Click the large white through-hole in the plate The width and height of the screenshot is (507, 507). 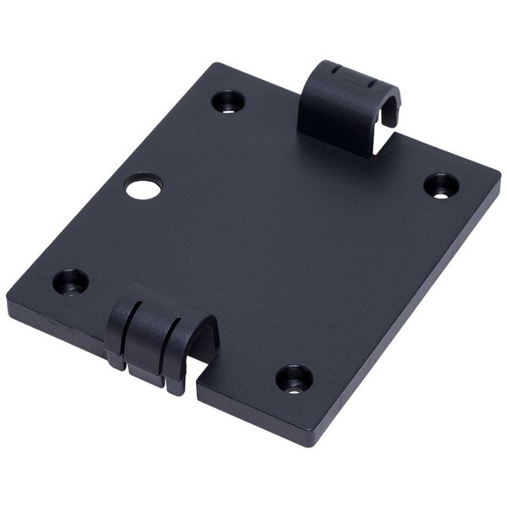pos(144,186)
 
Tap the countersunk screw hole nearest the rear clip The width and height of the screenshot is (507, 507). pos(228,101)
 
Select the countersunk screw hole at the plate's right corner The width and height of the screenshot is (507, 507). pos(441,185)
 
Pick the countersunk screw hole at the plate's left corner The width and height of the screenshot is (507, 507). pos(70,281)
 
